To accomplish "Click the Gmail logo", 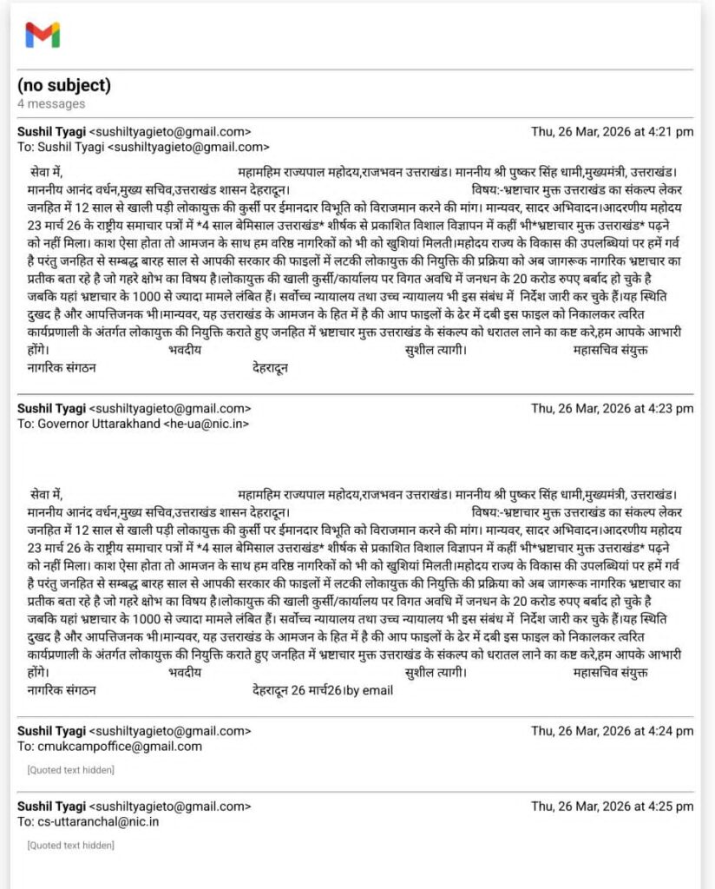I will (43, 35).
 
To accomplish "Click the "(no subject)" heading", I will (64, 85).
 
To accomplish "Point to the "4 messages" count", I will (51, 104).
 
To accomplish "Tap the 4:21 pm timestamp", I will (612, 132).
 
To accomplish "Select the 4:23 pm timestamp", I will (612, 408).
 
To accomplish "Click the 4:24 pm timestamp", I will (612, 731).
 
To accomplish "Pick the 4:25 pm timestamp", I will (612, 806).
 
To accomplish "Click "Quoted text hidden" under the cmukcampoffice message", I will (70, 770).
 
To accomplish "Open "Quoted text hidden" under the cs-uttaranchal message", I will (70, 845).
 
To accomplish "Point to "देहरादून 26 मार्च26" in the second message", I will (297, 691).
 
